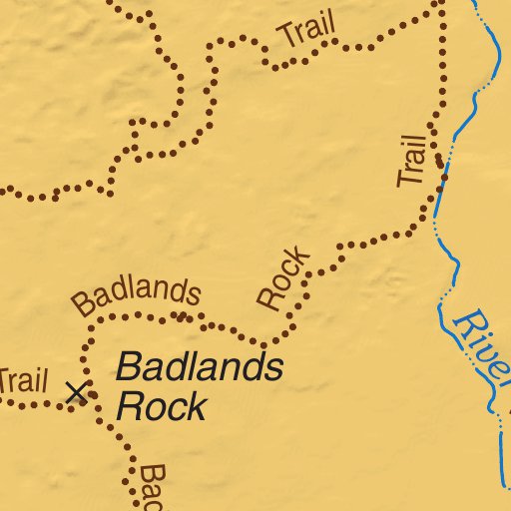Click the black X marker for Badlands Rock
76,392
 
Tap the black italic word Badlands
199,367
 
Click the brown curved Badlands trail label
137,295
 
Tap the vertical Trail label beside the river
412,158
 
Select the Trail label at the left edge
22,380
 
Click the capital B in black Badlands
128,367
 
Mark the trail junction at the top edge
441,3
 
